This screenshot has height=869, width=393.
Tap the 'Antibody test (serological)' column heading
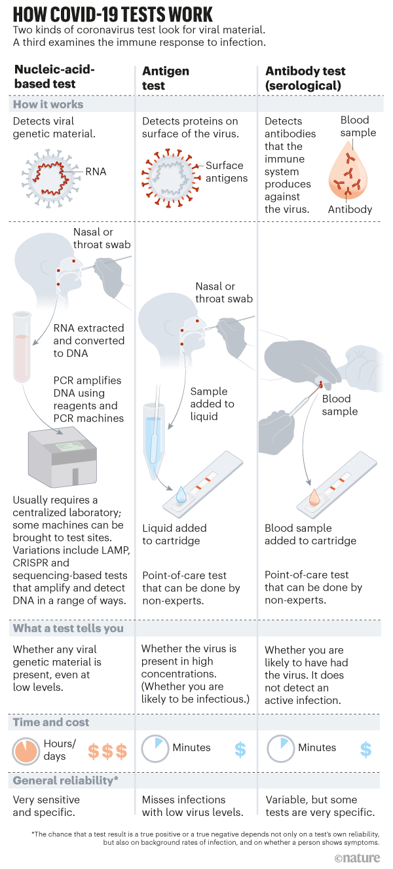(x=305, y=77)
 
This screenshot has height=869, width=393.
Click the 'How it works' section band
(x=48, y=105)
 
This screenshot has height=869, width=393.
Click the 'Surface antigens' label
(x=224, y=172)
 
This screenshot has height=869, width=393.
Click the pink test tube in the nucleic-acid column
(x=22, y=347)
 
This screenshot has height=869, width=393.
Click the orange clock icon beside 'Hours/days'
(x=26, y=749)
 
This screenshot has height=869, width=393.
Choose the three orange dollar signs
(x=107, y=750)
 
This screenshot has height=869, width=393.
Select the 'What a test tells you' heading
(x=68, y=629)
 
